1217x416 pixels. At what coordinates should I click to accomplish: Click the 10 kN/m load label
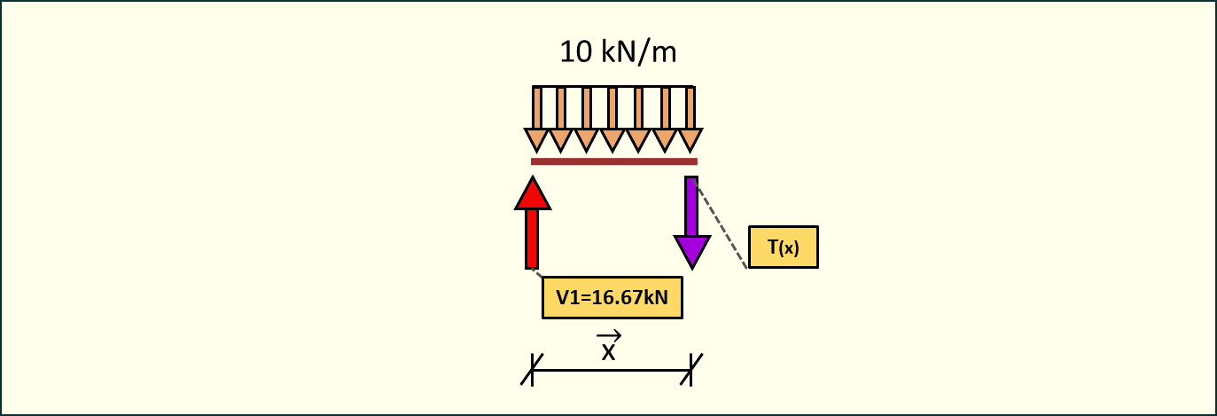tap(618, 52)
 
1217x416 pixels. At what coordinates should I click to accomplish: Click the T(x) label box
tap(783, 247)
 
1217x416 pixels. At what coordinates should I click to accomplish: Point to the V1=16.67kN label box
tap(612, 297)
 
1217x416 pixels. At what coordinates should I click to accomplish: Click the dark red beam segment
tap(613, 161)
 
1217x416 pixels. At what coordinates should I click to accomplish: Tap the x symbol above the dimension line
tap(608, 352)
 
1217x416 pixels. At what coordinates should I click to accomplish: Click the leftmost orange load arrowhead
tap(537, 139)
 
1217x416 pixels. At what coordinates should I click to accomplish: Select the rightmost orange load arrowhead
tap(690, 139)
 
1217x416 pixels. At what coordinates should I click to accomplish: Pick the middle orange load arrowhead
tap(613, 139)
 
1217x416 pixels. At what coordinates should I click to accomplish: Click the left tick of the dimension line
tap(532, 370)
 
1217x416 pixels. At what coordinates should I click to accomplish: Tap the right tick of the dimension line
tap(690, 370)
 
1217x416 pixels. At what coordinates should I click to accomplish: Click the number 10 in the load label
tap(574, 52)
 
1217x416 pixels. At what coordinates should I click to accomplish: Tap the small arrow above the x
tap(608, 336)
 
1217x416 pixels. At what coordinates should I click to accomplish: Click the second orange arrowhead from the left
tap(562, 139)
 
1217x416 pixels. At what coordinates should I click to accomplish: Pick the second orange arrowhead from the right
tap(665, 139)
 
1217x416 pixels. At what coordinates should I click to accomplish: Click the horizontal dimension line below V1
tap(612, 370)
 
